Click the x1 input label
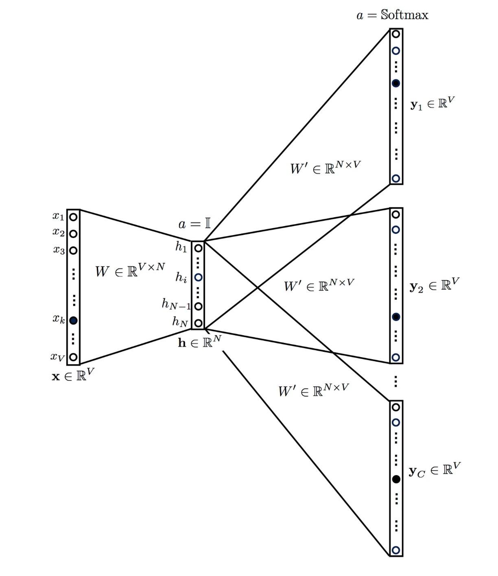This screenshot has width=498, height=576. click(58, 216)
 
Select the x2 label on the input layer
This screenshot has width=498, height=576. click(58, 232)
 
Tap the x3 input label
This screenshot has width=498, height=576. click(59, 249)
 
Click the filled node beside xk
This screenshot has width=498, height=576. click(73, 321)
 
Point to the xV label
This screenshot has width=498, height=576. click(57, 357)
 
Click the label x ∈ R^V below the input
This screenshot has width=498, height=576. click(73, 375)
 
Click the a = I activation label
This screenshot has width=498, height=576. click(194, 224)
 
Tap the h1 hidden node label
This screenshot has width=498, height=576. click(181, 247)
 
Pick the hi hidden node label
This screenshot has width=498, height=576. click(181, 277)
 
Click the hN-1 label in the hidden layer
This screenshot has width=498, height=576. click(176, 304)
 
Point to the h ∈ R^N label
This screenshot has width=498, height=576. click(199, 342)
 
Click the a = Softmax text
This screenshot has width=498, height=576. click(392, 15)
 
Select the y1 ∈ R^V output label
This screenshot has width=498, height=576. click(432, 104)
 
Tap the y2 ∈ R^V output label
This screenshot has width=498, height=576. click(434, 285)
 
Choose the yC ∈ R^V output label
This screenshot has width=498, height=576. click(434, 470)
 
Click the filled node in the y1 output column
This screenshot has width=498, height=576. click(396, 83)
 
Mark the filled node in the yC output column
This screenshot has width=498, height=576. click(396, 479)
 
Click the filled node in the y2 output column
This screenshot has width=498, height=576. click(396, 317)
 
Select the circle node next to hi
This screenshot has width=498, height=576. click(198, 277)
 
